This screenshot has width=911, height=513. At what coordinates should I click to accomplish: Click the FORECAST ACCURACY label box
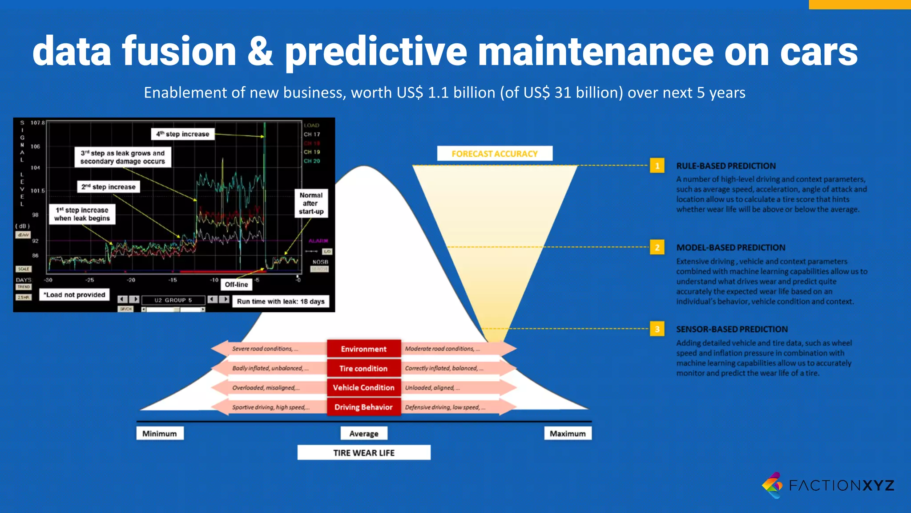pos(495,154)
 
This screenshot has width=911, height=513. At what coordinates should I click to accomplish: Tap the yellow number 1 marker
pos(657,166)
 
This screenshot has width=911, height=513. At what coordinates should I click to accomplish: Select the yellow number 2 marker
pos(657,247)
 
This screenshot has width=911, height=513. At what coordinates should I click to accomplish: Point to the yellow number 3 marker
pos(657,329)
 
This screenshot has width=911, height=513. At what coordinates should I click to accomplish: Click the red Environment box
pos(363,349)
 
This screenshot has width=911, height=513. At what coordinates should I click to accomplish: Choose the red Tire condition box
pos(363,368)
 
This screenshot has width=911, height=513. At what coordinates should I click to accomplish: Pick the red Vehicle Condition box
pos(363,387)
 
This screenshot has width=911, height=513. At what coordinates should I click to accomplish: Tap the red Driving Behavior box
pos(363,407)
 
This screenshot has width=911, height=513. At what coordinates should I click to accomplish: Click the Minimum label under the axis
pos(160,433)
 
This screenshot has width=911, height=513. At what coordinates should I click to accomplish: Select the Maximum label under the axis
pos(568,433)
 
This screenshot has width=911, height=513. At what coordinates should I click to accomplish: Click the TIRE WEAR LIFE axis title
pos(364,452)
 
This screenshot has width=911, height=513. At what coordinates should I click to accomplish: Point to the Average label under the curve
pos(364,433)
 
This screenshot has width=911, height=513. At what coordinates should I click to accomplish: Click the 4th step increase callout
pos(183,134)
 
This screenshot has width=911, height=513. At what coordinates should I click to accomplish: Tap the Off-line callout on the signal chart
pos(236,285)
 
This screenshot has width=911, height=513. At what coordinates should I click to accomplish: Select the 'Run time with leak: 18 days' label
pos(281,301)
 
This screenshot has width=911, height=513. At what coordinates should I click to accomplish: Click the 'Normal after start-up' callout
pos(311,204)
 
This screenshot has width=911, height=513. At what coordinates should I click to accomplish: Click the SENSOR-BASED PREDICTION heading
pos(732,329)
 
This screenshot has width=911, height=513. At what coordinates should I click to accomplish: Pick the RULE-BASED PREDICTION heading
pos(726,166)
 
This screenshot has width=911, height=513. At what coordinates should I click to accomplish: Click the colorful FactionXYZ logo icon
pos(773,485)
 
